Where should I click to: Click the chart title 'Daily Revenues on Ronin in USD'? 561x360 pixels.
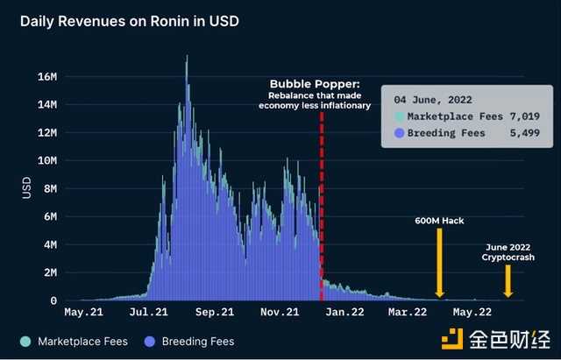pyautogui.click(x=130, y=19)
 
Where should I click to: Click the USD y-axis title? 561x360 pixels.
pyautogui.click(x=25, y=187)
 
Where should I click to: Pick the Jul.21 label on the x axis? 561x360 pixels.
pyautogui.click(x=147, y=311)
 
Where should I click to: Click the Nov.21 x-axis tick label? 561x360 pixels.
pyautogui.click(x=280, y=311)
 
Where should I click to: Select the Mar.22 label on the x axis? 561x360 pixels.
pyautogui.click(x=408, y=311)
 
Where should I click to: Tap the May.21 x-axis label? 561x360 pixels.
pyautogui.click(x=84, y=311)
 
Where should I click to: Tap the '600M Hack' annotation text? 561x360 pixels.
pyautogui.click(x=439, y=220)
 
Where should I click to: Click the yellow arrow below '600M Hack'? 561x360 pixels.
pyautogui.click(x=439, y=263)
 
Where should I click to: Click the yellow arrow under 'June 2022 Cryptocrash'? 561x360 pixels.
pyautogui.click(x=508, y=281)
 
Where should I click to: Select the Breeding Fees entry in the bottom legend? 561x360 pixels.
pyautogui.click(x=191, y=341)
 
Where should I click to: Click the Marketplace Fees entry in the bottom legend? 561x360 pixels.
pyautogui.click(x=75, y=341)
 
